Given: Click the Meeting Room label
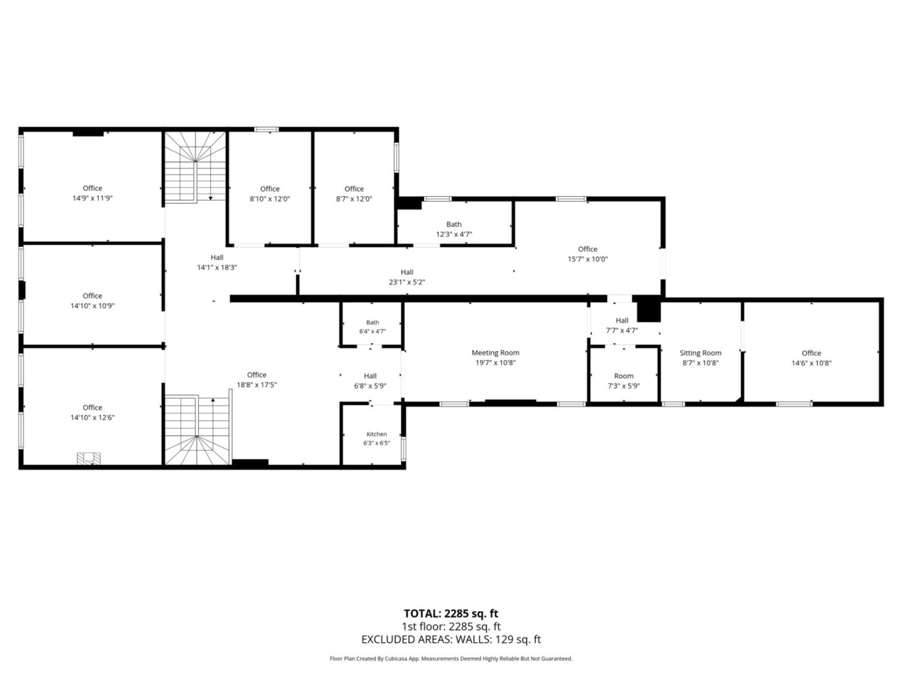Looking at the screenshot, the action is point(495,353).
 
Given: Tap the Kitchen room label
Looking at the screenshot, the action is point(377,434).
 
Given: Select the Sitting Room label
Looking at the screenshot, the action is point(701,353).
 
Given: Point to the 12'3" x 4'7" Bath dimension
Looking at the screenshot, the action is point(454,234).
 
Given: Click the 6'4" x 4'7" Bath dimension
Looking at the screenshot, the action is point(372,331).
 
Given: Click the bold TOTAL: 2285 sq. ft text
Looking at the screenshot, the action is point(451,614).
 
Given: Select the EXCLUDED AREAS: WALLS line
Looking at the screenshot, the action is point(451,639).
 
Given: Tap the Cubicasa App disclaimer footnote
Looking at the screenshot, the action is point(451,659).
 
